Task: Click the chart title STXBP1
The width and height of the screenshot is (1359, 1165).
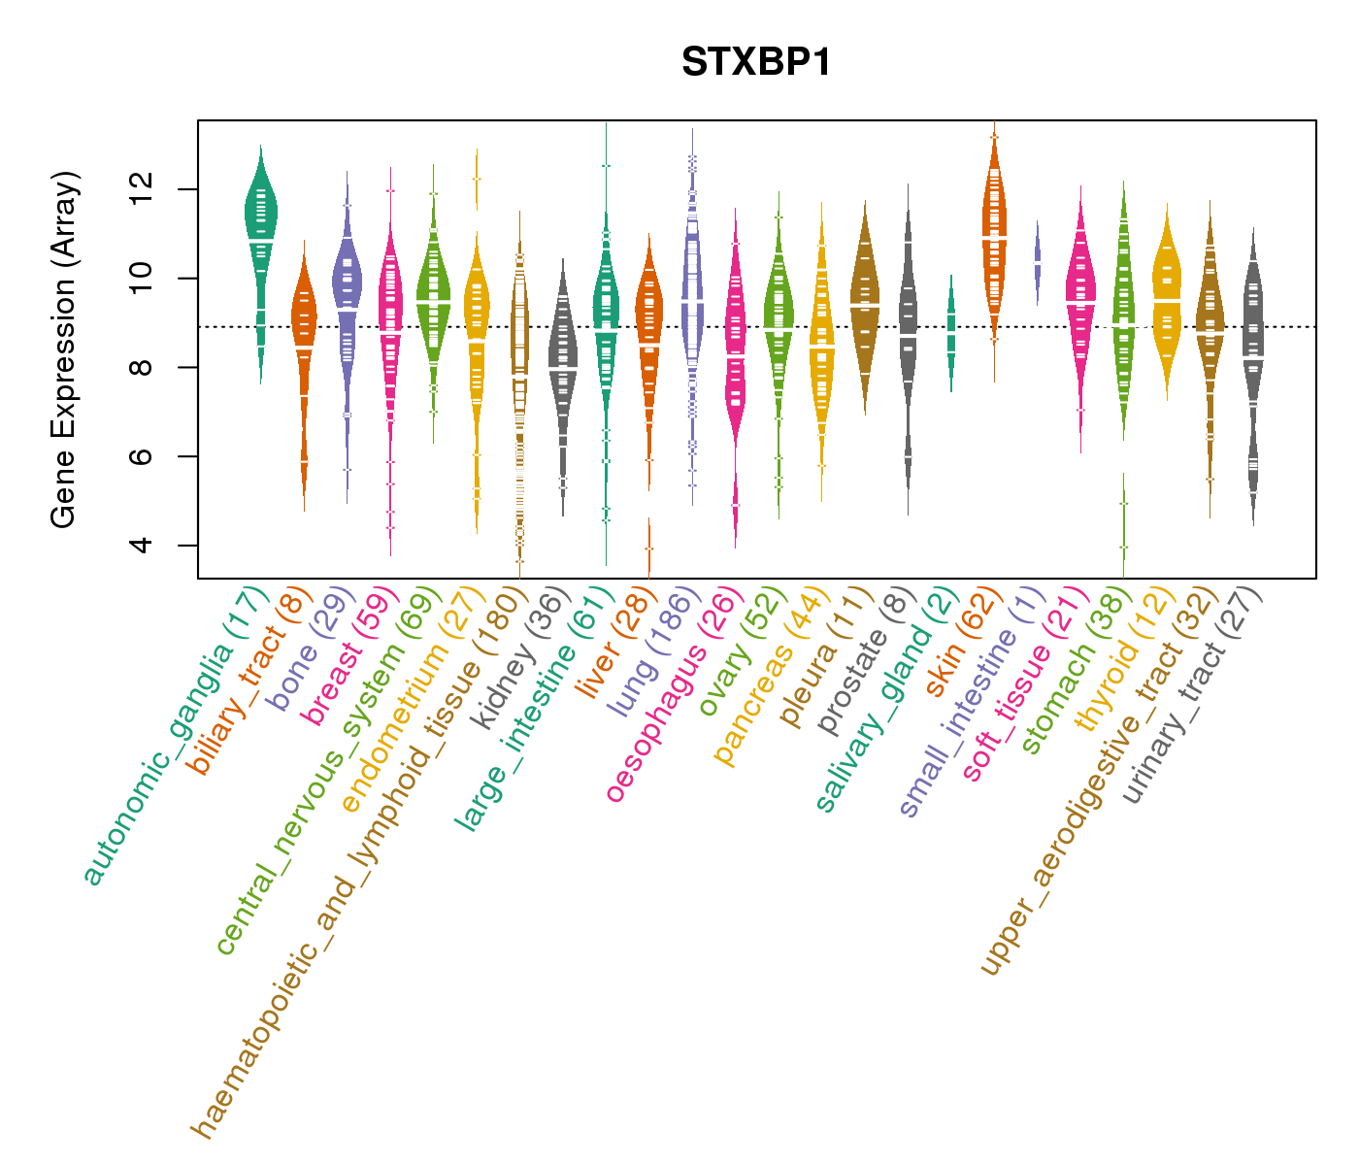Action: coord(756,63)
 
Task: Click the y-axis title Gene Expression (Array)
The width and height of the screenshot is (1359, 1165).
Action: coord(64,349)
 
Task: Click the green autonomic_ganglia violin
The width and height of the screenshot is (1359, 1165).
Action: coord(260,223)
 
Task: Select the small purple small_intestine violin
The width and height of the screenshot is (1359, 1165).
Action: coord(1038,262)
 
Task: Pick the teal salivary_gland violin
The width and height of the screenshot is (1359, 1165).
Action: coord(951,330)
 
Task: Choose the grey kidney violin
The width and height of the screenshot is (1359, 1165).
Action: coord(563,359)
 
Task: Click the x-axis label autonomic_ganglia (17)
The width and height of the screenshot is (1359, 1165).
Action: coord(175,738)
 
